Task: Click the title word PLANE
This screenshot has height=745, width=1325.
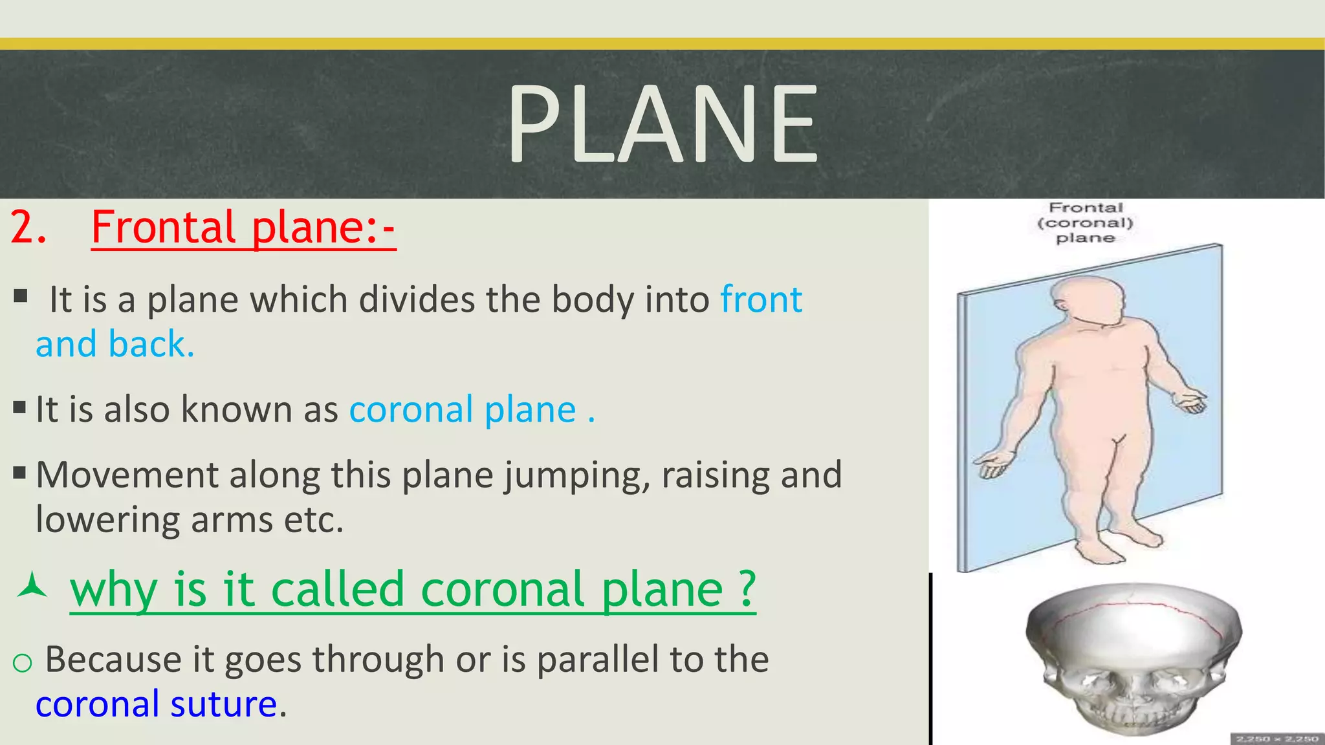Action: pos(662,124)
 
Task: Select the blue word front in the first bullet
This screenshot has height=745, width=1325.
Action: pos(761,299)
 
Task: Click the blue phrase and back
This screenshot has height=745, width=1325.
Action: pos(115,344)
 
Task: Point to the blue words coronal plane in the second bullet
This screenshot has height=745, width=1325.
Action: pos(463,410)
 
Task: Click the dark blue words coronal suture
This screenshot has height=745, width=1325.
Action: pos(156,704)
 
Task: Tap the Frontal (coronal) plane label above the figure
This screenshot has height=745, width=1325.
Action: pos(1085,222)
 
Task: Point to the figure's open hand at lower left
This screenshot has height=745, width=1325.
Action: pos(992,464)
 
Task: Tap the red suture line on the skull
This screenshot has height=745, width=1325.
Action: pos(1139,607)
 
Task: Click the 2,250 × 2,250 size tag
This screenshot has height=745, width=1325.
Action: pos(1276,739)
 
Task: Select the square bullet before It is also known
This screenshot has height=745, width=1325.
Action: pos(19,408)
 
